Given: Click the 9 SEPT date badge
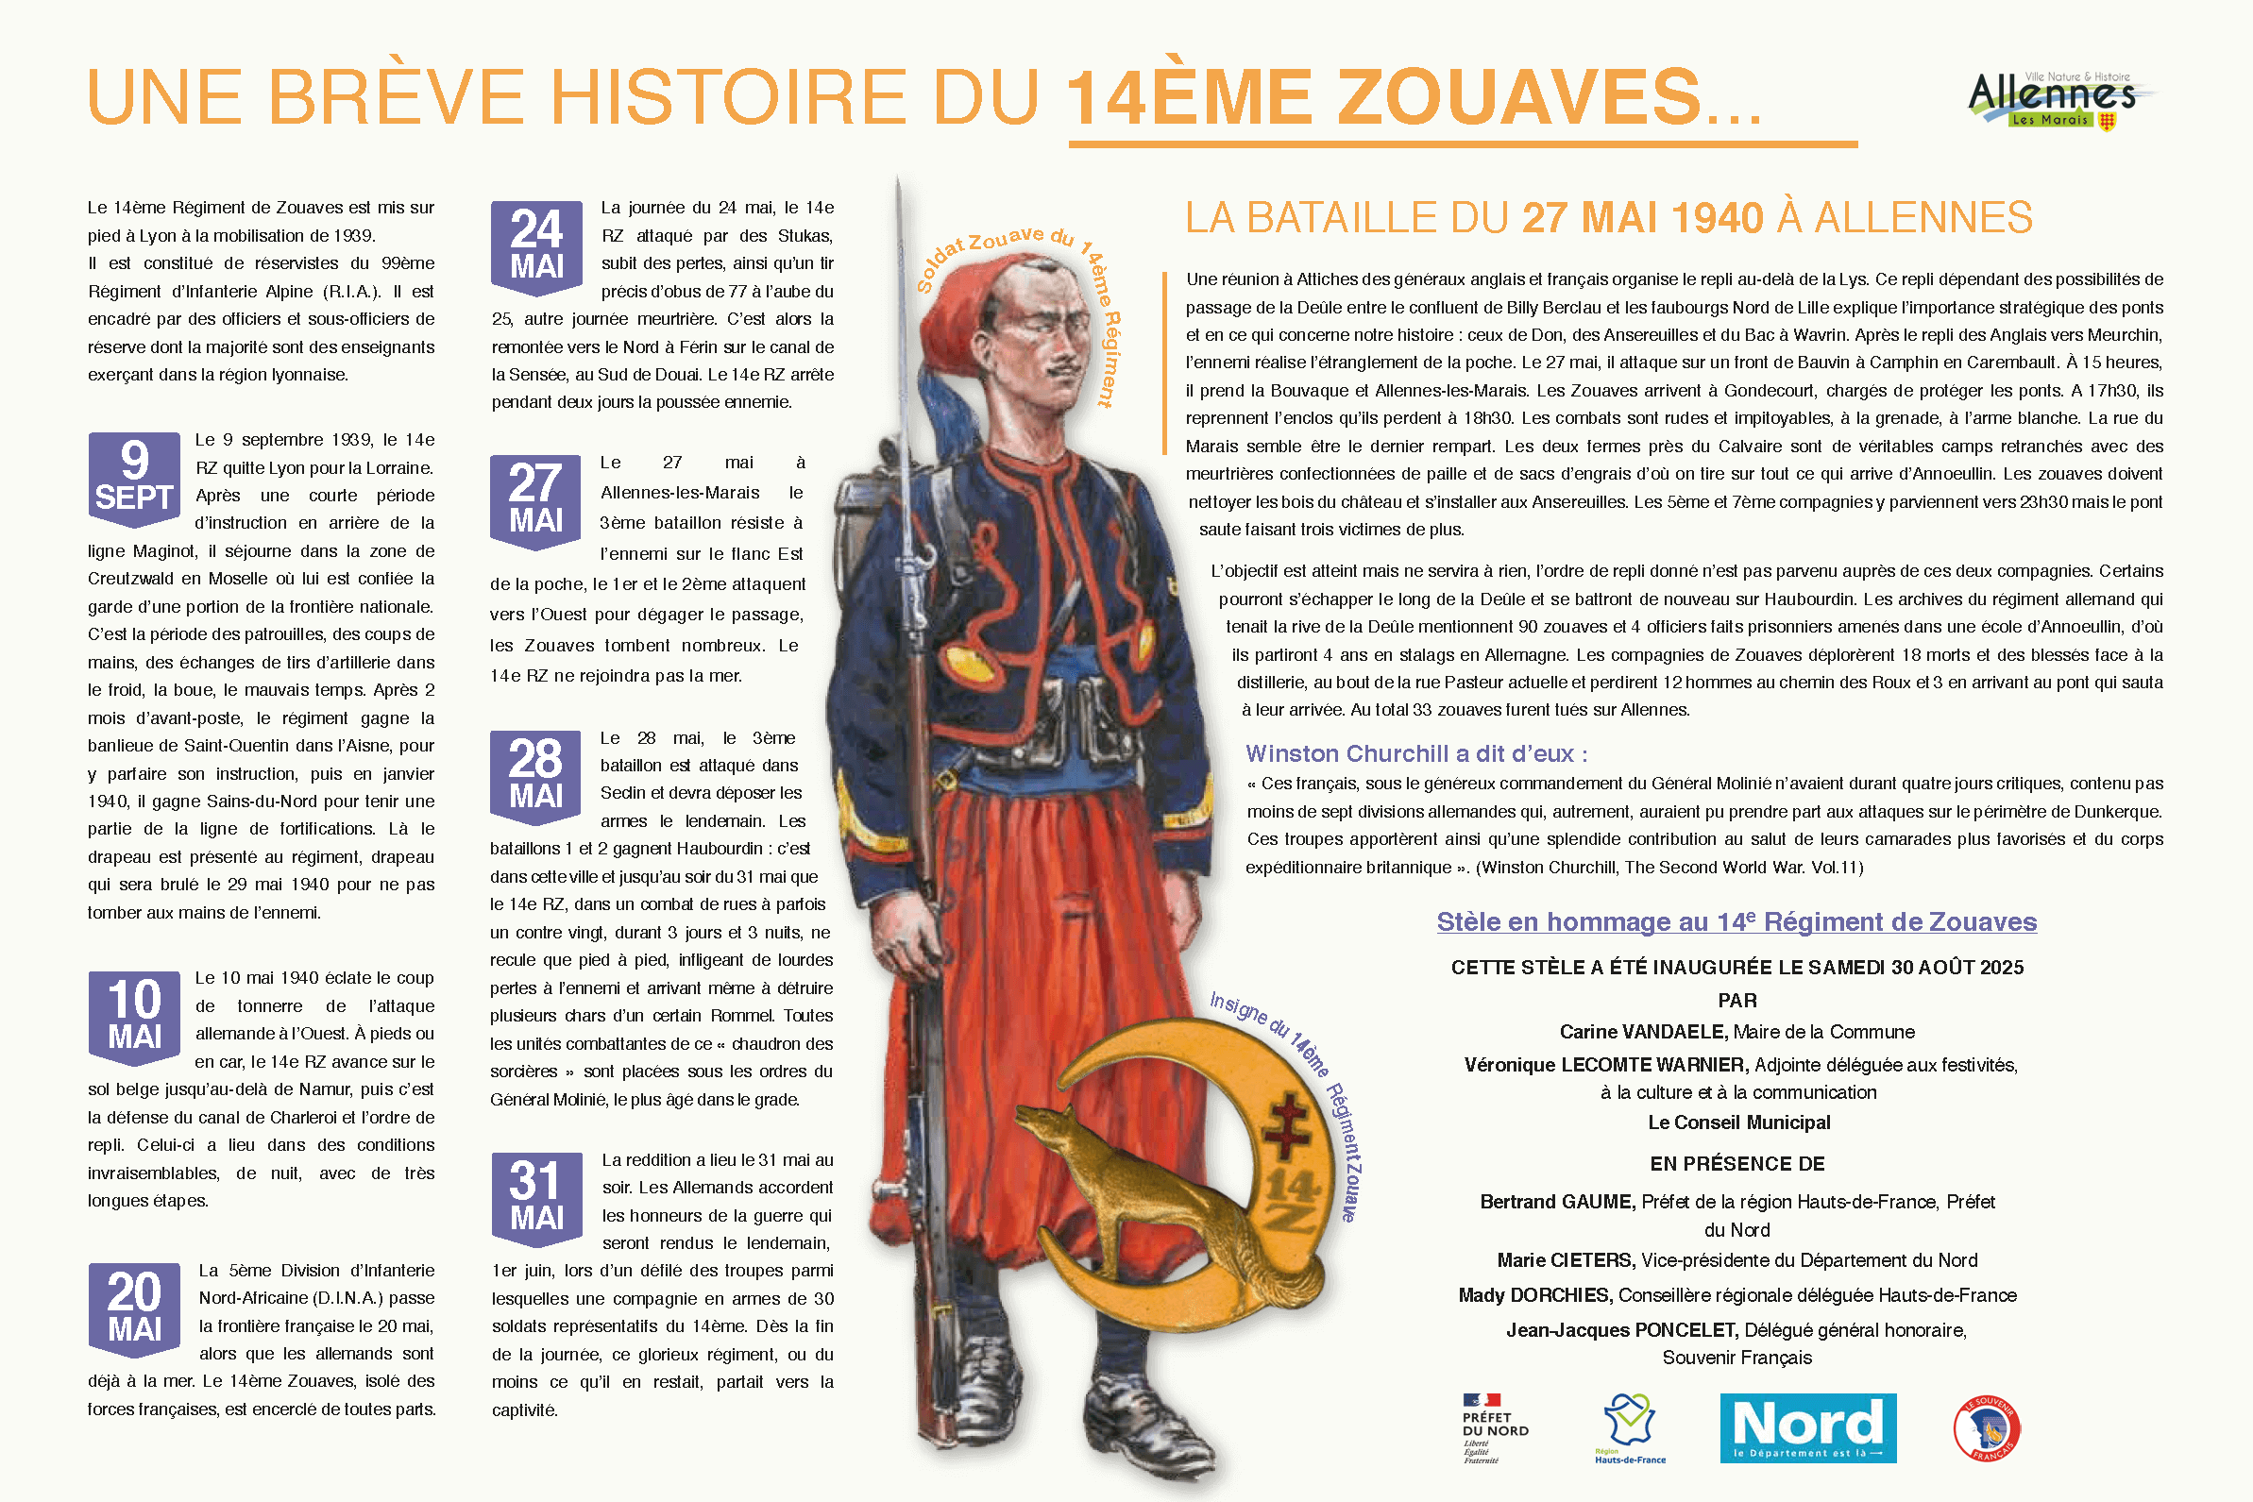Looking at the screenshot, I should (x=134, y=477).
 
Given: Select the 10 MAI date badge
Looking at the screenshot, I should (x=134, y=1016).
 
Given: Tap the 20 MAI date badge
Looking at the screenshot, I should (x=134, y=1308).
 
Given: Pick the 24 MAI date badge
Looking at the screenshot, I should (x=536, y=246).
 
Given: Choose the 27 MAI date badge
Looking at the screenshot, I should (x=535, y=500).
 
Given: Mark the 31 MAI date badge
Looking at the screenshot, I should (x=536, y=1197).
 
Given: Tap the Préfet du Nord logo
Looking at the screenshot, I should (x=1495, y=1428).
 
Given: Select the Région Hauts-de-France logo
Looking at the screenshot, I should (x=1630, y=1427).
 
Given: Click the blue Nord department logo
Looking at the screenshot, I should (x=1807, y=1427).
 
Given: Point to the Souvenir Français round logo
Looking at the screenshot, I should (x=1987, y=1428).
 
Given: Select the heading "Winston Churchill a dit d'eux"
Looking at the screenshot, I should (x=1415, y=754).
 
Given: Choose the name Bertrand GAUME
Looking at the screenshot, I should (x=1556, y=1201).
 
